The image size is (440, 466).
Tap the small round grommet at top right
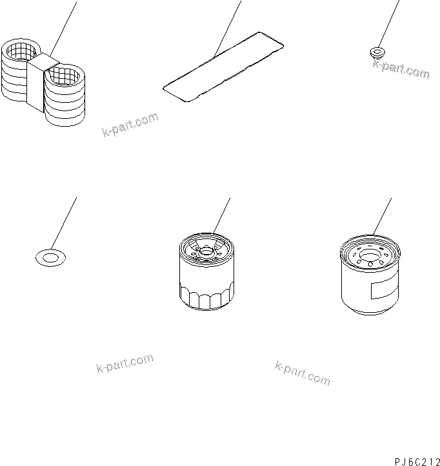[377, 52]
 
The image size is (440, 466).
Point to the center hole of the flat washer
[50, 258]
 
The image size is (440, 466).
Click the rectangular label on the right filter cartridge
[384, 288]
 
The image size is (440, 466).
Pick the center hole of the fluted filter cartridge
[206, 253]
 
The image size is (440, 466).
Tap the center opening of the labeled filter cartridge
[370, 256]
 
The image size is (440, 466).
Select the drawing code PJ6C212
[417, 461]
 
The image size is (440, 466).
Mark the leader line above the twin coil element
[63, 29]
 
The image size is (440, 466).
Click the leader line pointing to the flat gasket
[227, 29]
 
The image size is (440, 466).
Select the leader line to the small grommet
[388, 24]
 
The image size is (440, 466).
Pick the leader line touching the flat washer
[64, 223]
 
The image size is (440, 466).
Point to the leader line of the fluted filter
[221, 216]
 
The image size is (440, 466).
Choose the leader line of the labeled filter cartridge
[382, 217]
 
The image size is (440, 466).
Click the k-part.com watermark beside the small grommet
[401, 69]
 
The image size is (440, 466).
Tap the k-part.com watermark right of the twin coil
[130, 124]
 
